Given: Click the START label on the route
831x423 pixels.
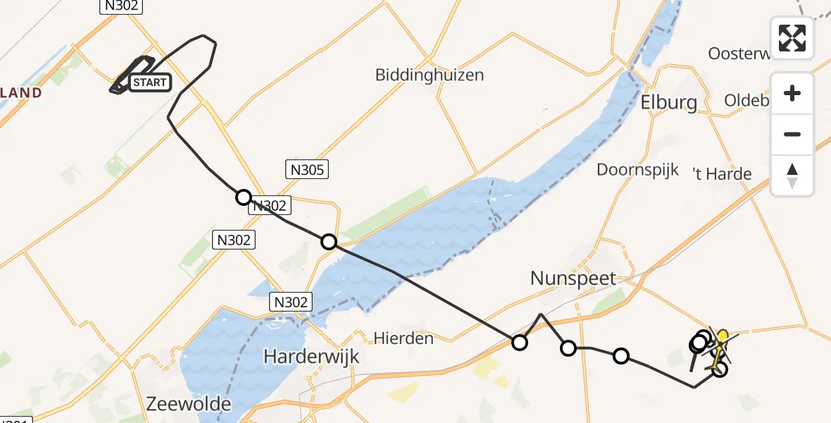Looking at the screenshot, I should (x=149, y=82).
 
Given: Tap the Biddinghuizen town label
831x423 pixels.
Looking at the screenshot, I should (x=430, y=75).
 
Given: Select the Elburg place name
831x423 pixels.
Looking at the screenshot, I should (x=669, y=102).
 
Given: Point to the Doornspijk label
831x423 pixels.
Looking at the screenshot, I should (x=638, y=169).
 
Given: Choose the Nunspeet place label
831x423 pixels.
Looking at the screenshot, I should (x=573, y=278).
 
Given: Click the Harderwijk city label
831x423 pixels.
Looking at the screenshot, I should (x=311, y=357).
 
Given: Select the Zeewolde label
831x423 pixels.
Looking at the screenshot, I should (x=189, y=403).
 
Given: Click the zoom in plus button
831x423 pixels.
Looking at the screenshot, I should (x=792, y=94).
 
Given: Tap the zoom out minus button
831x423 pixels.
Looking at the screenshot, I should (x=792, y=134).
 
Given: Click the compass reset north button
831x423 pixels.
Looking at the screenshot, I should (x=792, y=175).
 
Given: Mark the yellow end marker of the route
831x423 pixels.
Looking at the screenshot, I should (x=722, y=335).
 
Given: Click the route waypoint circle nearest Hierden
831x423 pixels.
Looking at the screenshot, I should (x=519, y=343).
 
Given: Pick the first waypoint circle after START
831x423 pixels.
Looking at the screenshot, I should (x=243, y=197).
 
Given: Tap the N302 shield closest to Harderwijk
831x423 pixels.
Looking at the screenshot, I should (x=291, y=302).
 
